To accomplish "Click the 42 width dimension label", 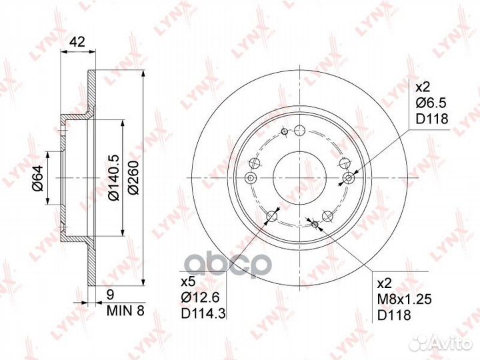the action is click(77, 41).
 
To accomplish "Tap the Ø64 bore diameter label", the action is click(39, 178).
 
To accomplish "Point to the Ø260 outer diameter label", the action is click(134, 178).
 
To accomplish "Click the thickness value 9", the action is click(111, 295).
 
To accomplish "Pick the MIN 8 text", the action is click(125, 311).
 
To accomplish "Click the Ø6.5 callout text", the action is click(431, 103).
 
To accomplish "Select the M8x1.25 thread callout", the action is click(405, 299).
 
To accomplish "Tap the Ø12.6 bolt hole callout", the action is click(200, 297).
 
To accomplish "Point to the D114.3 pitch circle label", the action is click(203, 313).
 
